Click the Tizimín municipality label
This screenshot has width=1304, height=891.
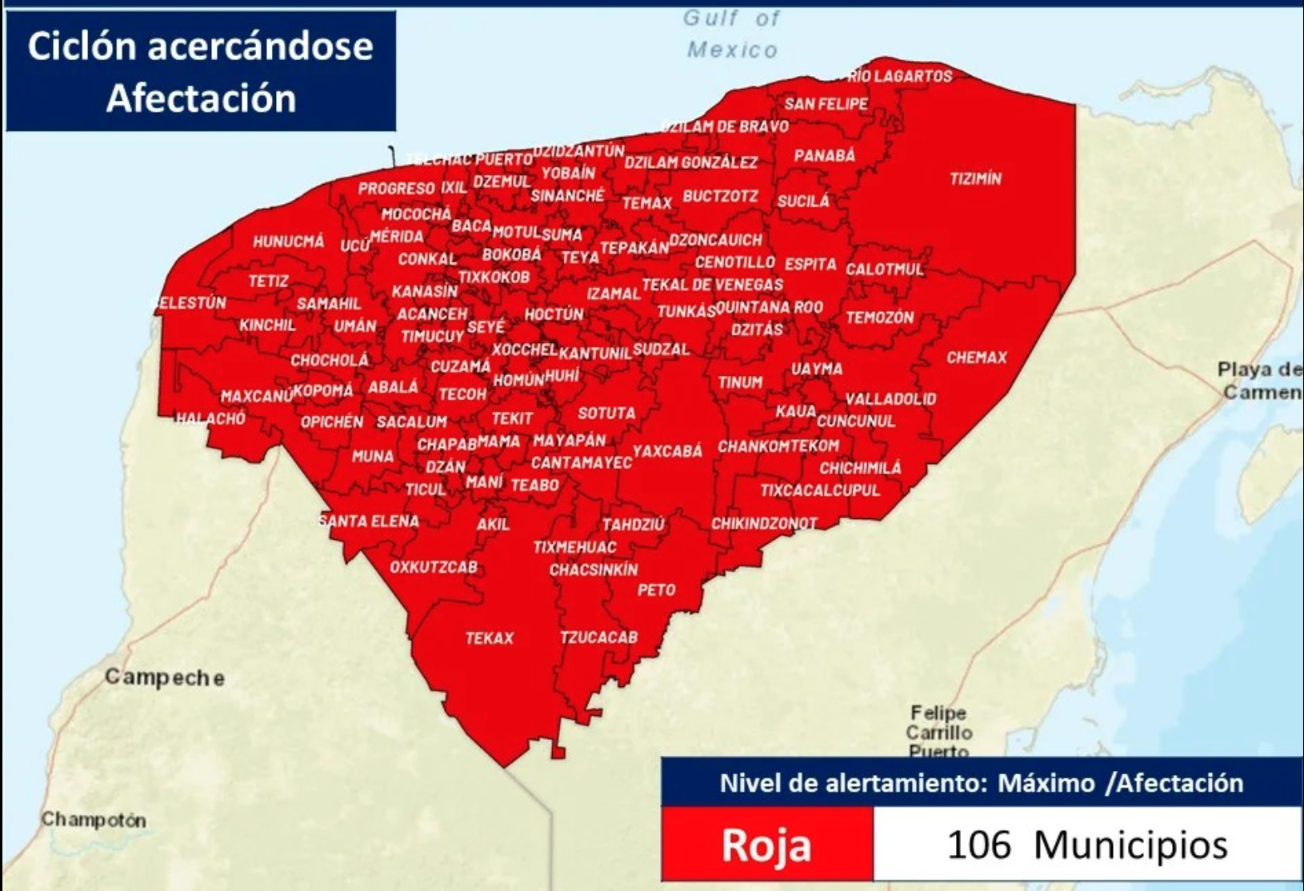point(975,178)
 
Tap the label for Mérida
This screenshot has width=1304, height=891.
point(397,236)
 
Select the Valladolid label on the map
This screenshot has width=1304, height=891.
point(890,398)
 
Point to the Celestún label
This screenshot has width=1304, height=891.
point(190,303)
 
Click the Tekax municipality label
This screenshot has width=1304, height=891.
point(489,638)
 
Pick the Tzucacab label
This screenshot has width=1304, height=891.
point(598,637)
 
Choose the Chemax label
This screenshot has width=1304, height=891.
point(976,358)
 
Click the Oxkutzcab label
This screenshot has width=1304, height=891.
point(434,567)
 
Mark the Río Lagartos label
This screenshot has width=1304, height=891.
point(899,76)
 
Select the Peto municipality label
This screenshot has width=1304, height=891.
point(656,590)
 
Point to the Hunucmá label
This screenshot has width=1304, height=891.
point(288,242)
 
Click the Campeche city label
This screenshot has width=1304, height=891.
point(165,677)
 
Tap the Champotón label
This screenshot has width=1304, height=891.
point(94,820)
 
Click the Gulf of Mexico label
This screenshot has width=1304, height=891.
point(731,34)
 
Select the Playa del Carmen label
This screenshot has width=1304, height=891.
point(1259,381)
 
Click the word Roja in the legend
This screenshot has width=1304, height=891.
point(766,845)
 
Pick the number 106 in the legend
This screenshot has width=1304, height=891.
point(978,845)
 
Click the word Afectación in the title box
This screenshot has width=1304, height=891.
point(201,98)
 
